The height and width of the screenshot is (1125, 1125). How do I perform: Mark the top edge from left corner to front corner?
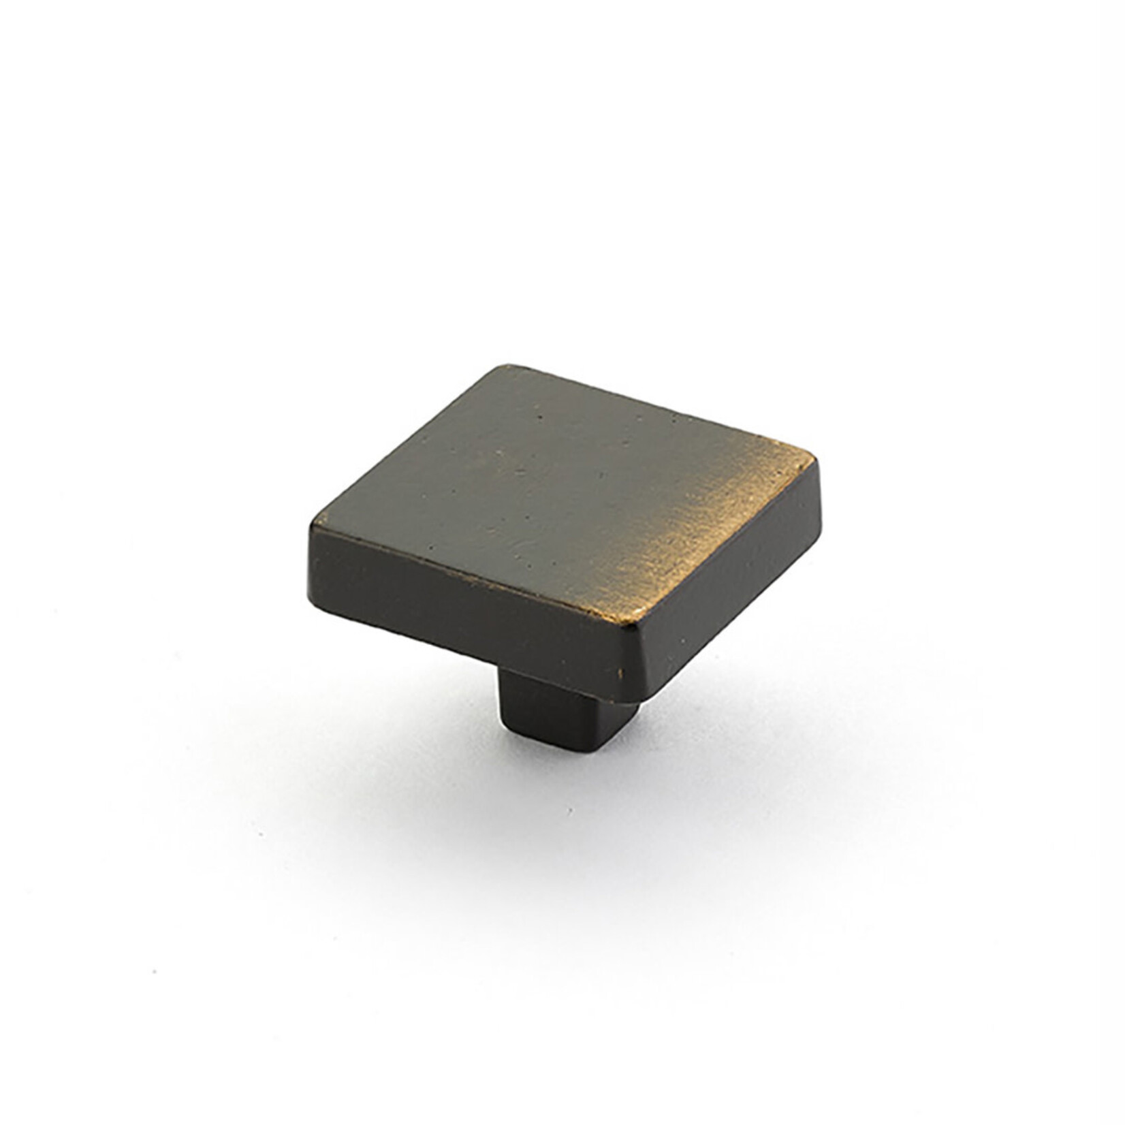(x=477, y=572)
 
